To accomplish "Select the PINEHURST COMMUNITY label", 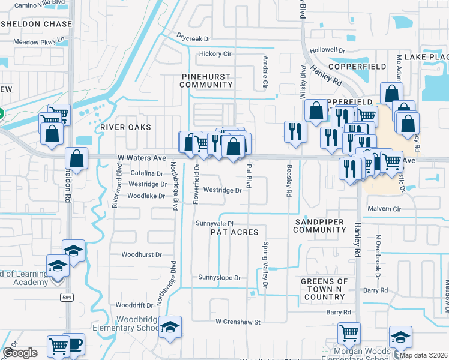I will pos(206,80).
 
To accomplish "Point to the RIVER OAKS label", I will pos(125,127).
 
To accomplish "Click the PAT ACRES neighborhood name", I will pos(234,232).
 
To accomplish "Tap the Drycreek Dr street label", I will pos(194,38).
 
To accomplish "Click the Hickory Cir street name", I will pos(215,53).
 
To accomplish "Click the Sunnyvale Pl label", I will pos(214,223).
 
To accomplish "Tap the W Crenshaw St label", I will pos(238,322).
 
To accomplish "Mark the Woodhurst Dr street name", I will pos(142,254).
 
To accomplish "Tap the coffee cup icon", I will pos(75,344).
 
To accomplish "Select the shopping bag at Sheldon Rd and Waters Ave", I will pos(77,159).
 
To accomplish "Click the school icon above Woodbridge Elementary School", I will pos(170,327).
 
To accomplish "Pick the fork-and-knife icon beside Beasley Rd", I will pos(295,132).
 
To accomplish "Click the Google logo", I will pos(21,353).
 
